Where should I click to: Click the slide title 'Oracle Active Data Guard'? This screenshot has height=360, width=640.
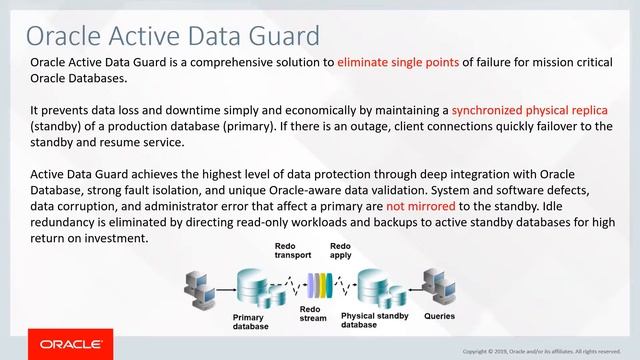[172, 36]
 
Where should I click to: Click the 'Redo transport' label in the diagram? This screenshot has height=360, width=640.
[293, 250]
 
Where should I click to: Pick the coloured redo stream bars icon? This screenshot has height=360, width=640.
[319, 284]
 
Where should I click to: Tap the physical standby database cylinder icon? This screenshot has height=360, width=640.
[370, 287]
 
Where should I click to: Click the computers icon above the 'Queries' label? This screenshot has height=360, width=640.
[439, 286]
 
